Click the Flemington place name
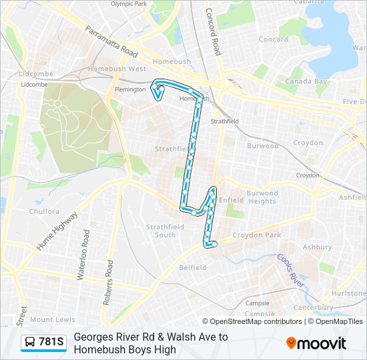point(130,89)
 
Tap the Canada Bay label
point(306,81)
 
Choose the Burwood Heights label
point(262,197)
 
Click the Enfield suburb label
point(230,199)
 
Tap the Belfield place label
point(193,267)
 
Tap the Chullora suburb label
point(44,212)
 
